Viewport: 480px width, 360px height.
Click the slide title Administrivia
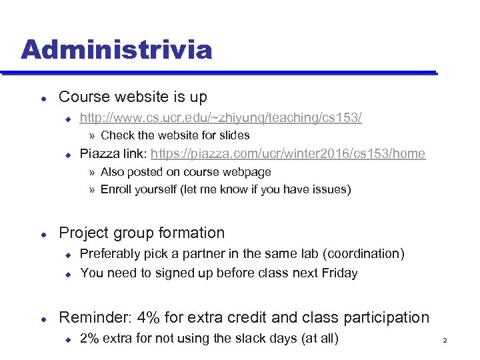(x=116, y=50)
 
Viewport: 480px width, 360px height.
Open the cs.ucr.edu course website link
(x=221, y=118)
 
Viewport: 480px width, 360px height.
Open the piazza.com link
(x=287, y=154)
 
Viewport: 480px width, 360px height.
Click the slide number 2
(x=444, y=341)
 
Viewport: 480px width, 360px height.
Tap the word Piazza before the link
(x=99, y=154)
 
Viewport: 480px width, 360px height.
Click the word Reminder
(x=92, y=317)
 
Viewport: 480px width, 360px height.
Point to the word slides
(x=233, y=135)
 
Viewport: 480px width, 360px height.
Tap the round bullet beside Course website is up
(x=42, y=98)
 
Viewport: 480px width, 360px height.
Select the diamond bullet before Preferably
(x=67, y=255)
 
